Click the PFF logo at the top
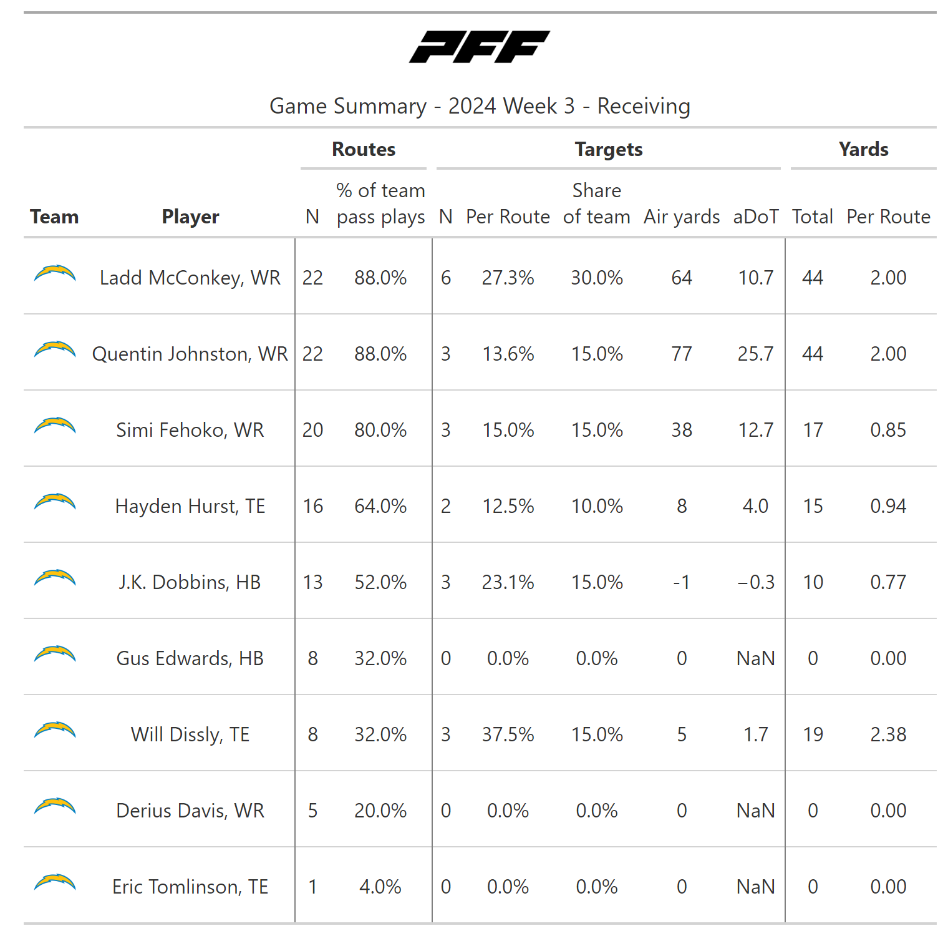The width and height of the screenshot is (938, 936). (479, 47)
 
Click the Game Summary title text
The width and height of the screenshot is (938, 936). (479, 106)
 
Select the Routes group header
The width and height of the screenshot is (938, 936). (364, 149)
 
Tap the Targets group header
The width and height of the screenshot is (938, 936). (609, 149)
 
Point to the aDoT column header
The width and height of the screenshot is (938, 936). (755, 217)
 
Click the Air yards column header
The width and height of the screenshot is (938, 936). (682, 217)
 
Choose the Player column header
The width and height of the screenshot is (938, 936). (190, 217)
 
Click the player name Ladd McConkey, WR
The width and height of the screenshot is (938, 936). (190, 278)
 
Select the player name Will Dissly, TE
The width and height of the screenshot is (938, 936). (190, 734)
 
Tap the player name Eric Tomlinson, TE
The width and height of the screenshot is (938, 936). (190, 887)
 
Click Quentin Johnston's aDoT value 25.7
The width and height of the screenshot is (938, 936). (755, 354)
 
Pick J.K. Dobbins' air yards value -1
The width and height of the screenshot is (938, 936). (682, 582)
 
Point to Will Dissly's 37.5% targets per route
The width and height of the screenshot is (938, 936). (508, 734)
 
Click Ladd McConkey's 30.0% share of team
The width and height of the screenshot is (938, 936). (597, 278)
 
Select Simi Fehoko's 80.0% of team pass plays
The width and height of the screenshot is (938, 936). (380, 430)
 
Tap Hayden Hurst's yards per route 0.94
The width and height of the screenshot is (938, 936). (888, 506)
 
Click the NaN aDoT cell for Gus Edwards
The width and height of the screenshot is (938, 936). (755, 658)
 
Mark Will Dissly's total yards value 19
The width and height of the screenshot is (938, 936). (813, 734)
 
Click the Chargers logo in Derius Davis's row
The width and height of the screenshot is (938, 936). (55, 807)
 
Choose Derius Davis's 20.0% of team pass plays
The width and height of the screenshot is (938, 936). (380, 811)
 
